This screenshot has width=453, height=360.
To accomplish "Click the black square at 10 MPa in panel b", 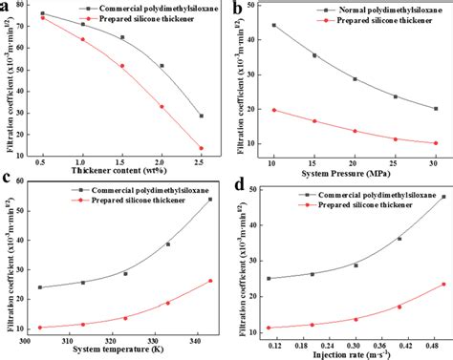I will point(274,26).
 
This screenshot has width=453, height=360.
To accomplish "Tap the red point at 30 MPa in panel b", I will point(435,143).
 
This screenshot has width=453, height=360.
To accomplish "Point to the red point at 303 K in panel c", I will point(39,328).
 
